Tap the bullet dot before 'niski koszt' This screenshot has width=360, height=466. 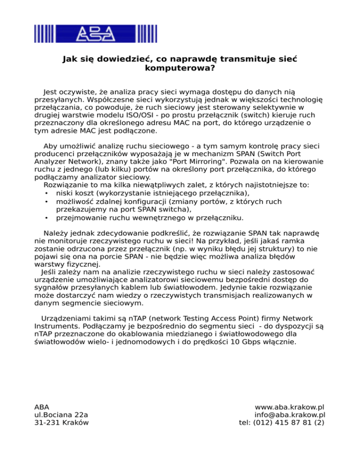46,193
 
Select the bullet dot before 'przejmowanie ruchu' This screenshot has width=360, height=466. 46,218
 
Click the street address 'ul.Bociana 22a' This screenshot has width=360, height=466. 61,414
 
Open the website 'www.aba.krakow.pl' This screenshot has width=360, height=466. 290,406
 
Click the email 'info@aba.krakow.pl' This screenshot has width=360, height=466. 290,414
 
